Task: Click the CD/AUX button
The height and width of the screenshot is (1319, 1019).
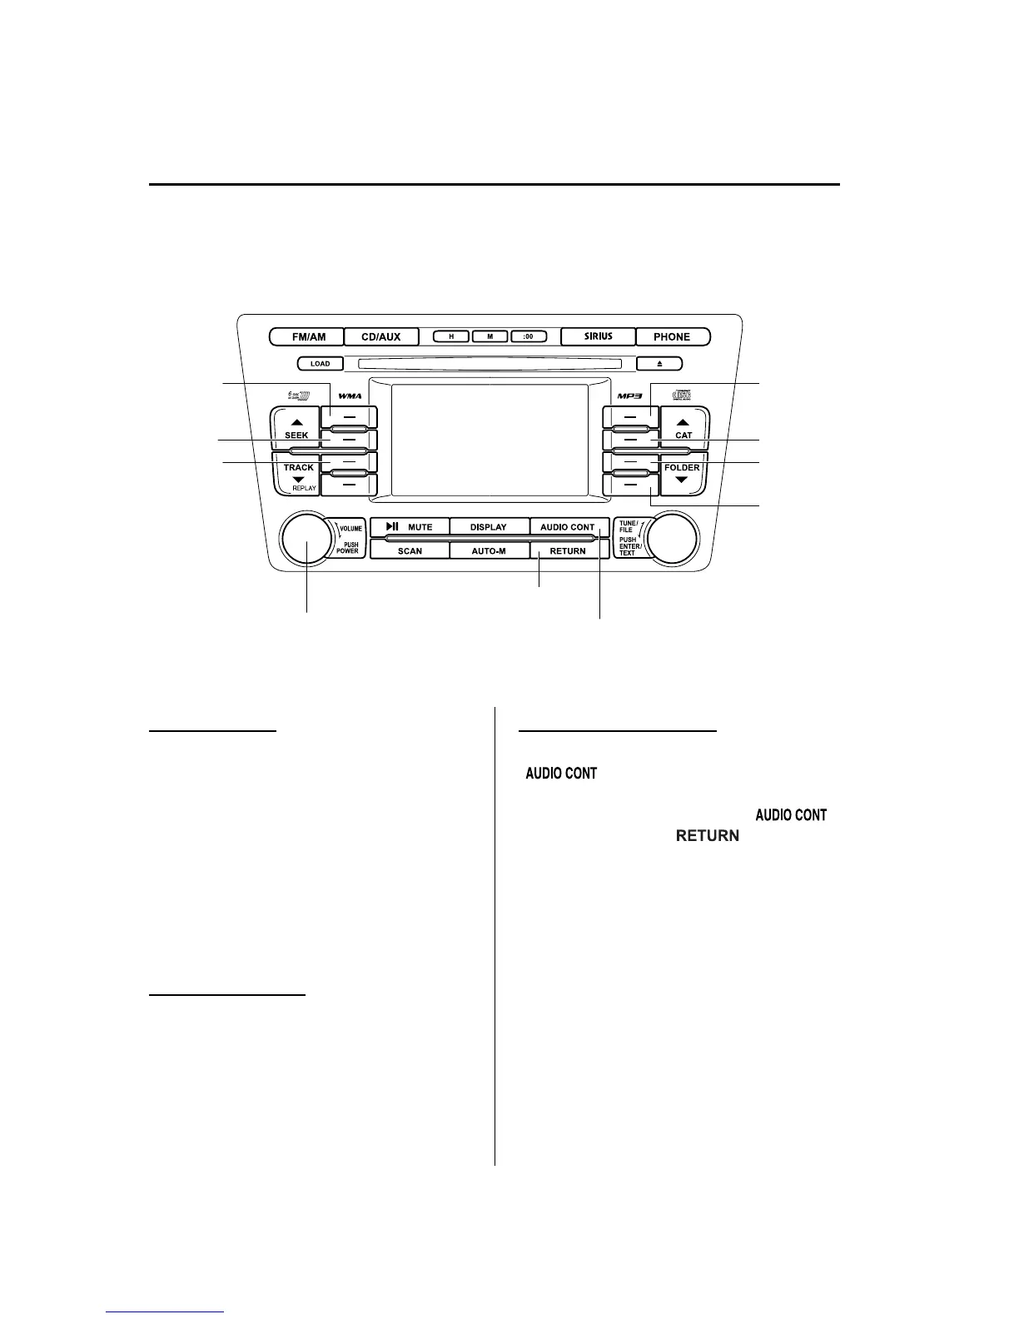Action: tap(380, 337)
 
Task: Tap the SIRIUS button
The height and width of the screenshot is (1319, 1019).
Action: tap(598, 337)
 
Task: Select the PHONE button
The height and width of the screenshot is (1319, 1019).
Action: tap(672, 337)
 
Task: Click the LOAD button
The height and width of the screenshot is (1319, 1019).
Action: tap(320, 364)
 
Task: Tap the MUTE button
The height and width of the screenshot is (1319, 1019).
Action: tap(410, 527)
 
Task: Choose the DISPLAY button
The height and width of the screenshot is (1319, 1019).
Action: tap(489, 527)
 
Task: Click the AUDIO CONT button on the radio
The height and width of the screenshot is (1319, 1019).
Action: tap(567, 527)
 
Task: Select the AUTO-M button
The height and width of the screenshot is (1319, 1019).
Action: tap(489, 551)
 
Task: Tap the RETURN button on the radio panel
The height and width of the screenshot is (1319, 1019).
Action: tap(567, 551)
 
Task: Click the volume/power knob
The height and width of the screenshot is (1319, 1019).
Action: tap(307, 539)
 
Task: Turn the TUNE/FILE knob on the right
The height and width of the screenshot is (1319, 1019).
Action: tap(672, 539)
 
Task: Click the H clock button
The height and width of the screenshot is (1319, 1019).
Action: tap(451, 337)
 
